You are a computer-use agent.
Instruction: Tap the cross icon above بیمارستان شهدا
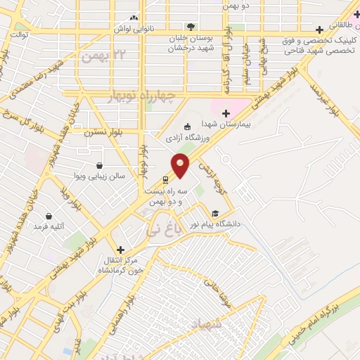[x=226, y=113]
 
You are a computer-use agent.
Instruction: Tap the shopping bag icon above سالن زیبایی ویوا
[x=97, y=165]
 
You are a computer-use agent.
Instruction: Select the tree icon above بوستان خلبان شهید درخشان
[x=191, y=27]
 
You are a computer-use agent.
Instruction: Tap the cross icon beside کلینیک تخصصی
[x=320, y=30]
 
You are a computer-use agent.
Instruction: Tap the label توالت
[x=19, y=33]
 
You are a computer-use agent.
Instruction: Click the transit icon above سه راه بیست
[x=165, y=180]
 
